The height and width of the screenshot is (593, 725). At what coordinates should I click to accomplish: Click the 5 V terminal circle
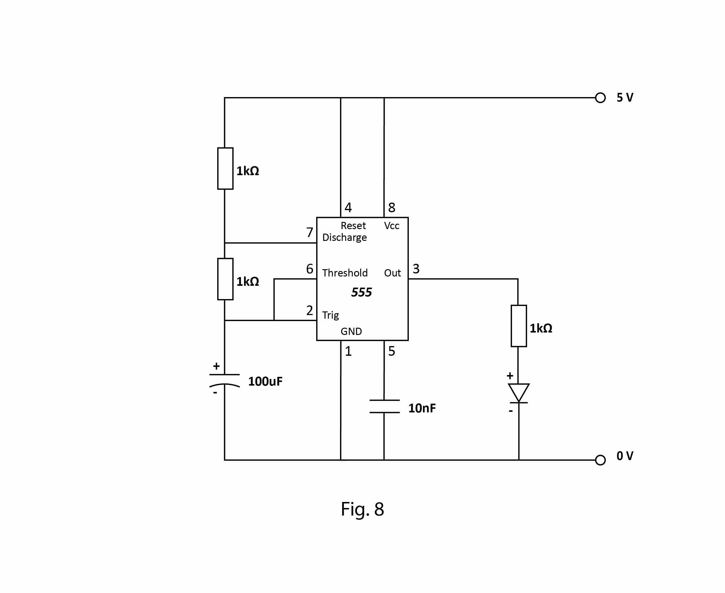pyautogui.click(x=600, y=98)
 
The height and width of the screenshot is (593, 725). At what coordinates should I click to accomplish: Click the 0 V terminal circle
pyautogui.click(x=600, y=460)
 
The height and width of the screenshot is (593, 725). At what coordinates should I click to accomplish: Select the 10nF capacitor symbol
pyautogui.click(x=385, y=406)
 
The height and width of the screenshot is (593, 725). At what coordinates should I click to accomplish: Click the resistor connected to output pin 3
pyautogui.click(x=519, y=326)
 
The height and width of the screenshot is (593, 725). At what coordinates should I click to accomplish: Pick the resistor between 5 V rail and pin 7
pyautogui.click(x=225, y=169)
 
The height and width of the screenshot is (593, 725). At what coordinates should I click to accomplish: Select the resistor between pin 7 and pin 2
pyautogui.click(x=225, y=279)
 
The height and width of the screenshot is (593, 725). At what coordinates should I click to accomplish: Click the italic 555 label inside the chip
pyautogui.click(x=361, y=292)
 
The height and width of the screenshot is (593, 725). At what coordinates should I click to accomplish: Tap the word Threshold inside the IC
pyautogui.click(x=345, y=273)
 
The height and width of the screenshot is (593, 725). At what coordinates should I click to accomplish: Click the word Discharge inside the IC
pyautogui.click(x=345, y=237)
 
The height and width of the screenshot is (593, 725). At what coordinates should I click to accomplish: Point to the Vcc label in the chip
pyautogui.click(x=391, y=226)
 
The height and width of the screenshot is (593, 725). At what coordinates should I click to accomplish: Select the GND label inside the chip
pyautogui.click(x=351, y=331)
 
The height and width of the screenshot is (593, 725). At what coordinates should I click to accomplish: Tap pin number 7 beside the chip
pyautogui.click(x=310, y=232)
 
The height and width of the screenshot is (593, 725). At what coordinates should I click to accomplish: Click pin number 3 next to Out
pyautogui.click(x=416, y=269)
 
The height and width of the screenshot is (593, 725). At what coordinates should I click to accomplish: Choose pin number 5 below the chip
pyautogui.click(x=392, y=351)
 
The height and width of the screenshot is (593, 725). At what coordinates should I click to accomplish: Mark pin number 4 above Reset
pyautogui.click(x=348, y=207)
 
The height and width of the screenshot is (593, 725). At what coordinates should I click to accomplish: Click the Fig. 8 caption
pyautogui.click(x=362, y=509)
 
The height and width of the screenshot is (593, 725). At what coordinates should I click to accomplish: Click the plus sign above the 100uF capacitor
pyautogui.click(x=216, y=366)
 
